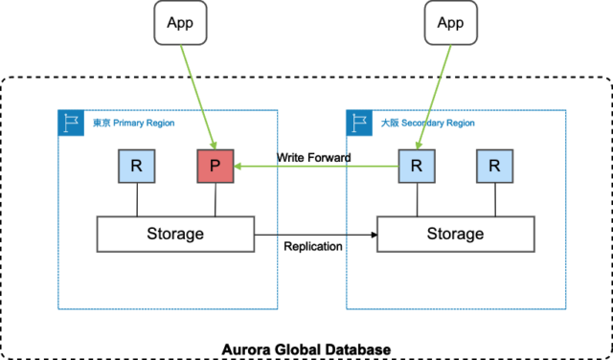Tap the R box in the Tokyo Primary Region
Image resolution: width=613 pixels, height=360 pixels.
point(137,166)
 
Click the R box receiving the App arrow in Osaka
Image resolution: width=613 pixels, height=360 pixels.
point(417,166)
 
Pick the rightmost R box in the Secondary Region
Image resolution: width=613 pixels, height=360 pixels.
point(494,166)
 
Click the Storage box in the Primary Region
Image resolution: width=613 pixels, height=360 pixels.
point(175,234)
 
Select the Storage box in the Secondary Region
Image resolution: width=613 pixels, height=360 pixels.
point(455,234)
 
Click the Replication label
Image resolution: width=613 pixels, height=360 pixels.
point(313,247)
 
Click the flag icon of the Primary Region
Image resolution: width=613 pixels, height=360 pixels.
point(70,122)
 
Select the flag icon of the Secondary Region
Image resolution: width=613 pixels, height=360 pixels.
point(359,122)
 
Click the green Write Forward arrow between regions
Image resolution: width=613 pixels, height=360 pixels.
point(316,167)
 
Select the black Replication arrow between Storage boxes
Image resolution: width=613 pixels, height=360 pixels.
point(316,234)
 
